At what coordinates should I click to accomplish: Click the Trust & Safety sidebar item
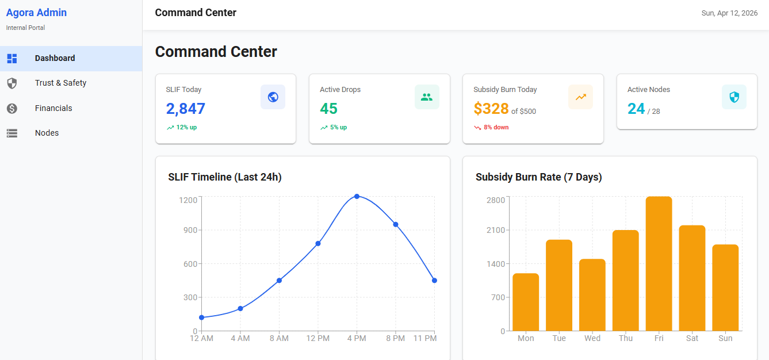(x=60, y=83)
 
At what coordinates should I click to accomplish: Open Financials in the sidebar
(x=53, y=108)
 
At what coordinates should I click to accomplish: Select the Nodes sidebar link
(x=47, y=133)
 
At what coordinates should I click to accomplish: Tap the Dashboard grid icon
(x=12, y=58)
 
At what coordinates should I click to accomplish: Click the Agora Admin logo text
(x=36, y=13)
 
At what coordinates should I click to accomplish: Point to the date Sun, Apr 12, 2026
(x=729, y=13)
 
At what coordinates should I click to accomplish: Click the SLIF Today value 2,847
(x=185, y=109)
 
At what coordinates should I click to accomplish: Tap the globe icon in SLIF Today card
(x=273, y=97)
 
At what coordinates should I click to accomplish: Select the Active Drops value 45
(x=329, y=109)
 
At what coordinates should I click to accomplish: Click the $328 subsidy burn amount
(x=491, y=109)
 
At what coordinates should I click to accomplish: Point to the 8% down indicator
(x=496, y=128)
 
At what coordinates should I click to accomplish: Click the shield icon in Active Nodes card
(x=734, y=97)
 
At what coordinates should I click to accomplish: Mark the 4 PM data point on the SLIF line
(x=357, y=197)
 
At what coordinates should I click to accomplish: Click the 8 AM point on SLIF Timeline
(x=279, y=281)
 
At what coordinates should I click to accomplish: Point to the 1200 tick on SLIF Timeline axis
(x=188, y=200)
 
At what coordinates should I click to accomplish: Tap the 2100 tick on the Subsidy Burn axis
(x=495, y=230)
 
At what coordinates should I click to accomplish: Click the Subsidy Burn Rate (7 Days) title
(x=538, y=177)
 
